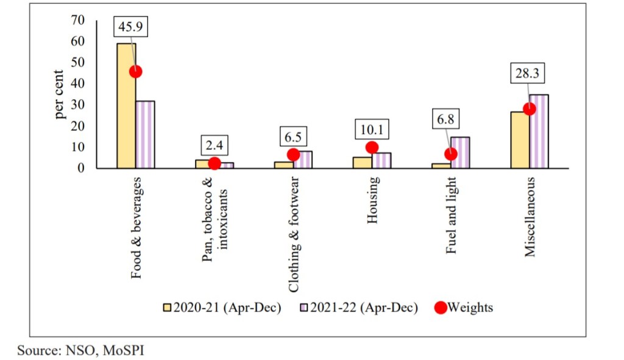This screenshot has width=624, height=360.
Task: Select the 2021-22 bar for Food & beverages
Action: (x=145, y=135)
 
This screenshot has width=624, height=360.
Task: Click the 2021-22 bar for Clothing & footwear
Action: (x=303, y=160)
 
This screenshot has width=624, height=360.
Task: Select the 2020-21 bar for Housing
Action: (x=363, y=163)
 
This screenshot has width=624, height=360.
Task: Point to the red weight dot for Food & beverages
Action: (x=135, y=71)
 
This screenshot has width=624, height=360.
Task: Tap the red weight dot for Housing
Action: (x=372, y=147)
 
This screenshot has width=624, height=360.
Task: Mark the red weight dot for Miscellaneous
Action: (x=529, y=109)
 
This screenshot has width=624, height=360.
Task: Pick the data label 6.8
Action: (x=445, y=119)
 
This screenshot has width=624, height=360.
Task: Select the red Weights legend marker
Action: (x=440, y=308)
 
